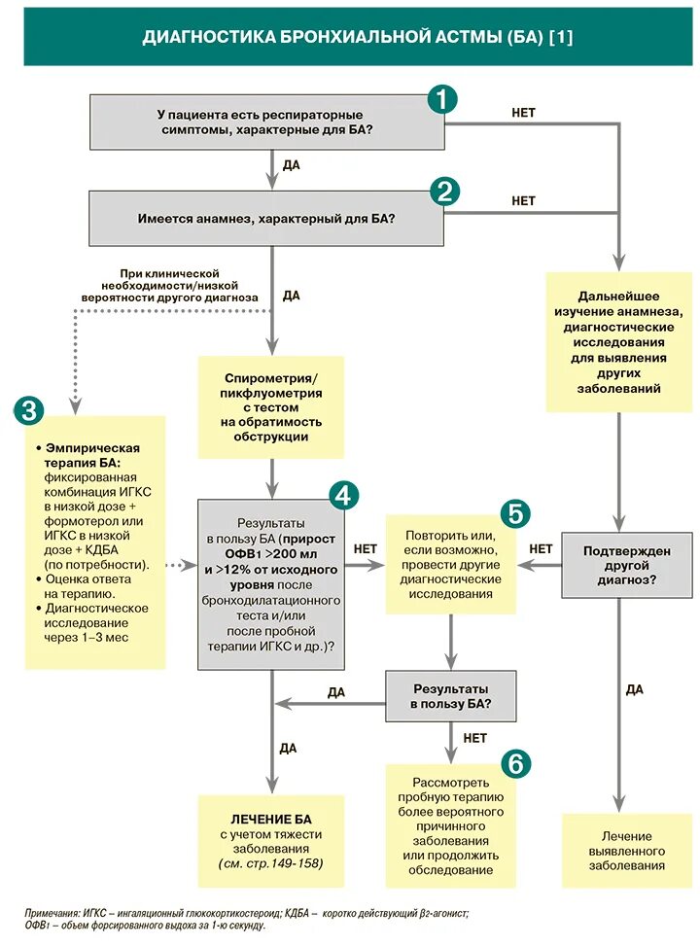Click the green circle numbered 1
tap(442, 98)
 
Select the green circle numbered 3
tap(27, 410)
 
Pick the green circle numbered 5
tap(516, 512)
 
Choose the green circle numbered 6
tap(515, 763)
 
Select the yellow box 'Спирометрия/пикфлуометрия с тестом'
tap(271, 406)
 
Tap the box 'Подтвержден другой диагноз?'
tap(626, 565)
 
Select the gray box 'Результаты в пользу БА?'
tap(450, 695)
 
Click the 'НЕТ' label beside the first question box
tap(523, 113)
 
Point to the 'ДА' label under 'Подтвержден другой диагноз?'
tap(634, 689)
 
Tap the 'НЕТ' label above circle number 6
tap(474, 738)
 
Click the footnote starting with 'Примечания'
tap(247, 919)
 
